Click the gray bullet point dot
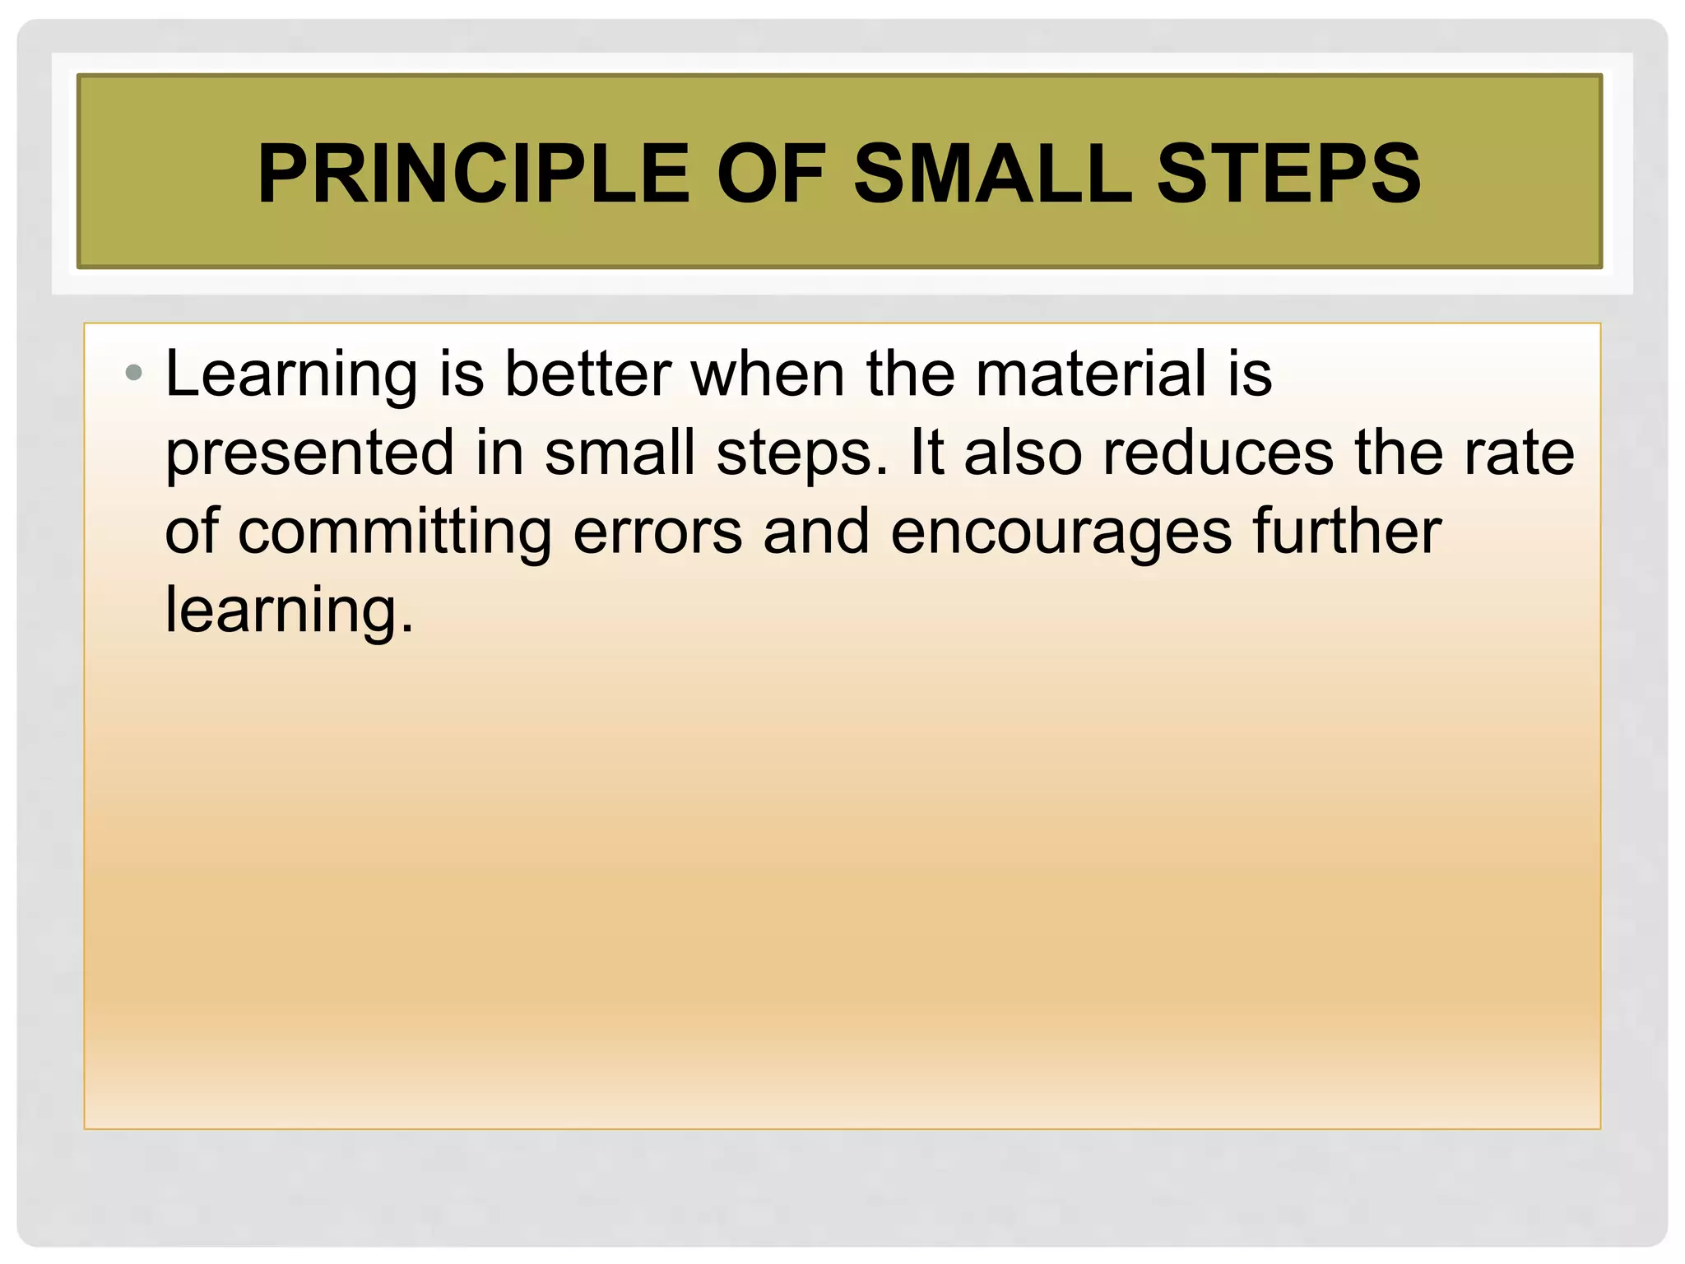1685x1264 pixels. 133,374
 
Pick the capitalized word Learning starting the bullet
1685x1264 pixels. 291,375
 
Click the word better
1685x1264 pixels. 587,374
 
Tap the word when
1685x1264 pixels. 768,374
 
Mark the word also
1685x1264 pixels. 1023,453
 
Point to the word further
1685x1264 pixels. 1347,532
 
